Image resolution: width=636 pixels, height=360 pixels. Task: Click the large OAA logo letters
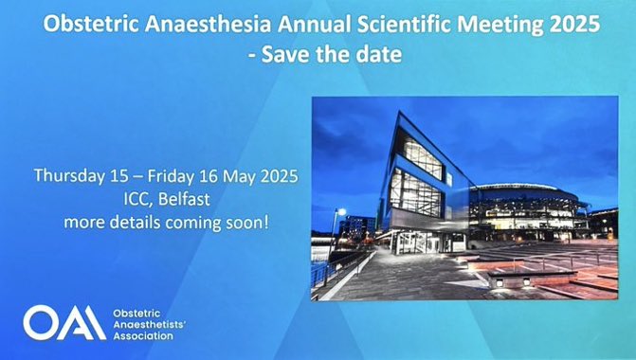point(64,322)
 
